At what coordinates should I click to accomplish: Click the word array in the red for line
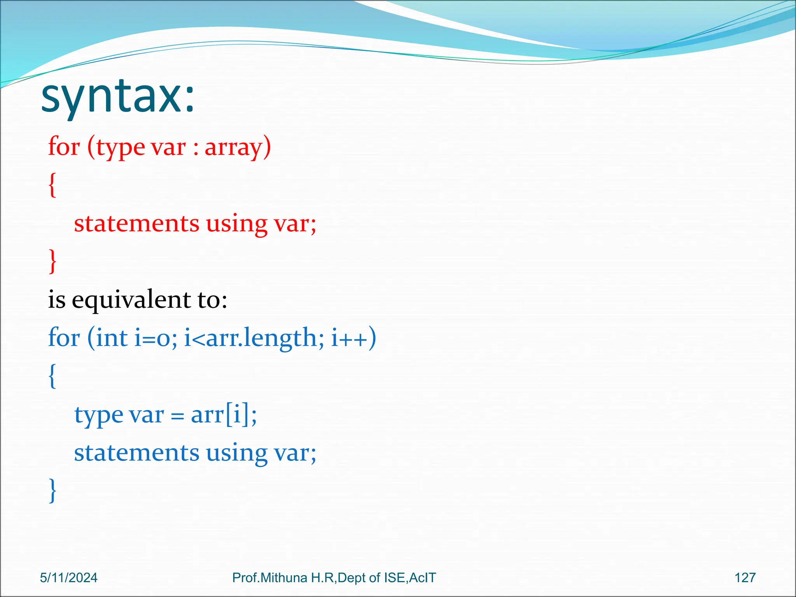[x=237, y=147]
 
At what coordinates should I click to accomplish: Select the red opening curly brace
[x=52, y=185]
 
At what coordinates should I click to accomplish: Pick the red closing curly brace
[x=52, y=262]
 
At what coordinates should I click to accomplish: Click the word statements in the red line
[x=136, y=224]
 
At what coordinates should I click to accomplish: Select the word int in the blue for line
[x=112, y=338]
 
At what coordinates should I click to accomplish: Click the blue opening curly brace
[x=52, y=376]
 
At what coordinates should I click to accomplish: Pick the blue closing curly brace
[x=52, y=491]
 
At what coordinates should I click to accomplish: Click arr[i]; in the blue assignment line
[x=224, y=415]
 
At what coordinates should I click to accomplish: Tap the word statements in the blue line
[x=136, y=453]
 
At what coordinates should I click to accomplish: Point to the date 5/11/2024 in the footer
[x=69, y=578]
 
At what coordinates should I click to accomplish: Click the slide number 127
[x=745, y=578]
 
